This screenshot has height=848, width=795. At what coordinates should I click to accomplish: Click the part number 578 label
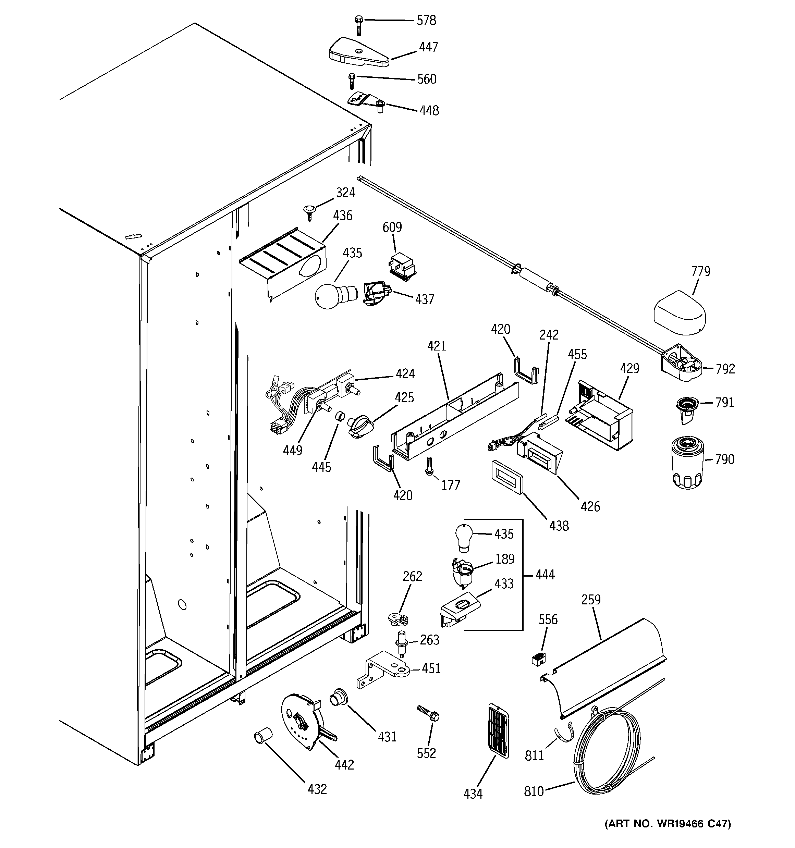pos(426,21)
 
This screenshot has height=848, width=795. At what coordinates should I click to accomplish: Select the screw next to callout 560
pos(352,81)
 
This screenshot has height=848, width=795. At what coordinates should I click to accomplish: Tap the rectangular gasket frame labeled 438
pos(507,477)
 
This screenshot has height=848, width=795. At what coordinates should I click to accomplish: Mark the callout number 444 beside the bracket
pos(545,575)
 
